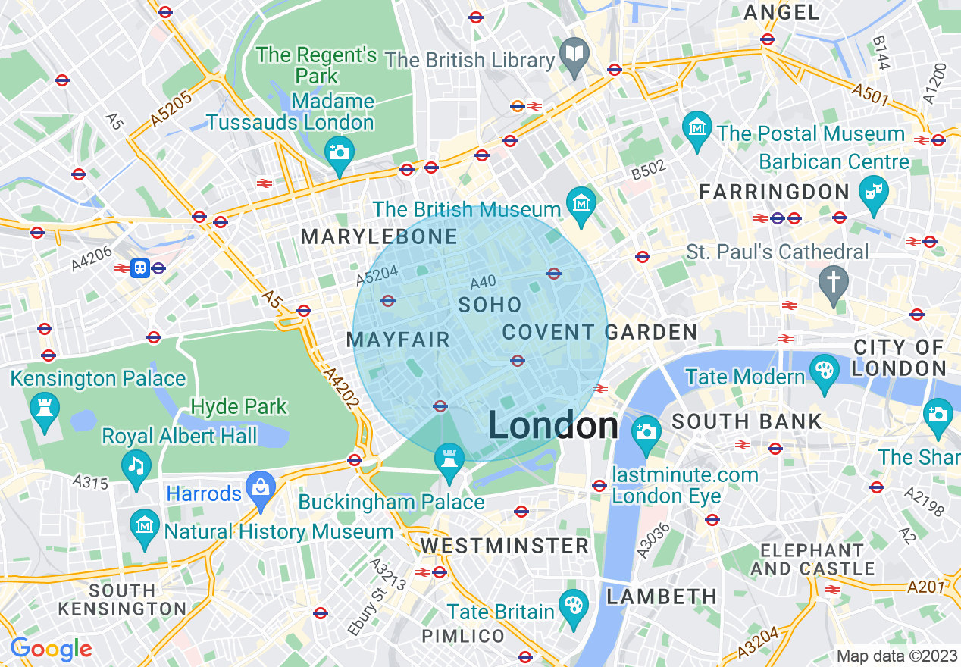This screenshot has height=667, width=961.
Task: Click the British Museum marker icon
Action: pos(581,204)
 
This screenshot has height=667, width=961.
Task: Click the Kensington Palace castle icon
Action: pos(44,409)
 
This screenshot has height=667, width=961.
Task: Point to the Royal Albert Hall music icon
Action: pos(136,465)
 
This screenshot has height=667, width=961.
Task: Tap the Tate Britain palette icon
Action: pos(573,606)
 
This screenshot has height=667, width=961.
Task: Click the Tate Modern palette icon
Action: pos(825,372)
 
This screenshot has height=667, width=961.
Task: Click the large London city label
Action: pos(553,426)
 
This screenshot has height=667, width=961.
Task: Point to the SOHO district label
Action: pos(490,305)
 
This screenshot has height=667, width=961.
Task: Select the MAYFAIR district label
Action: pos(399,340)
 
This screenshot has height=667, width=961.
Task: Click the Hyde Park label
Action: pos(239,407)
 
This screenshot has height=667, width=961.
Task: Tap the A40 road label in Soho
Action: pos(483,283)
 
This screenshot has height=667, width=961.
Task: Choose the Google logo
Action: pos(51,649)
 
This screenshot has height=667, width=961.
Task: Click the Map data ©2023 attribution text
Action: pos(896,656)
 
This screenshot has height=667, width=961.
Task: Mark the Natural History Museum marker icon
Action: pos(144,525)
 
